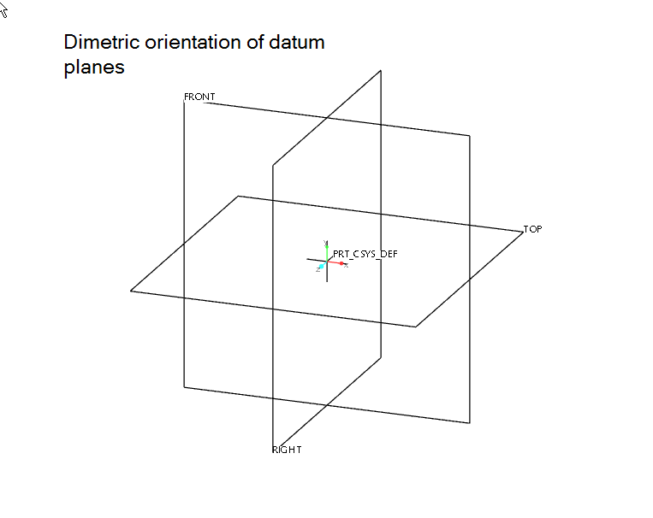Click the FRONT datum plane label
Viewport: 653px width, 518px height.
tap(199, 97)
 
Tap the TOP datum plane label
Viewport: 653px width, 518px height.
tap(533, 229)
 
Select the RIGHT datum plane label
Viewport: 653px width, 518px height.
tap(287, 450)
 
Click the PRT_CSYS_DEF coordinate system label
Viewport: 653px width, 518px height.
tap(365, 254)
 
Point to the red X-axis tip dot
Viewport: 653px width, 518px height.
tap(341, 263)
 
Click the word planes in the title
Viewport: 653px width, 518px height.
tap(94, 68)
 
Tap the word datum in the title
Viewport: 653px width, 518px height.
tap(297, 42)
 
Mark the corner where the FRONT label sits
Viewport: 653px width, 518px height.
tap(184, 102)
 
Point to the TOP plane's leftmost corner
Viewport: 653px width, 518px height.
tap(131, 291)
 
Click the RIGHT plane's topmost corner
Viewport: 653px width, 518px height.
tap(381, 71)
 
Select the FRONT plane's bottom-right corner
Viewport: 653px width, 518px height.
tap(470, 422)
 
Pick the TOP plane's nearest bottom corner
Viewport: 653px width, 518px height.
tap(416, 327)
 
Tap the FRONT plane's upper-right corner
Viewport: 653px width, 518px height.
tap(470, 135)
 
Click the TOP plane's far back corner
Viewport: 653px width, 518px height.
tap(239, 196)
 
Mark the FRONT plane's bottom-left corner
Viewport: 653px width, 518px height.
tap(184, 387)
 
